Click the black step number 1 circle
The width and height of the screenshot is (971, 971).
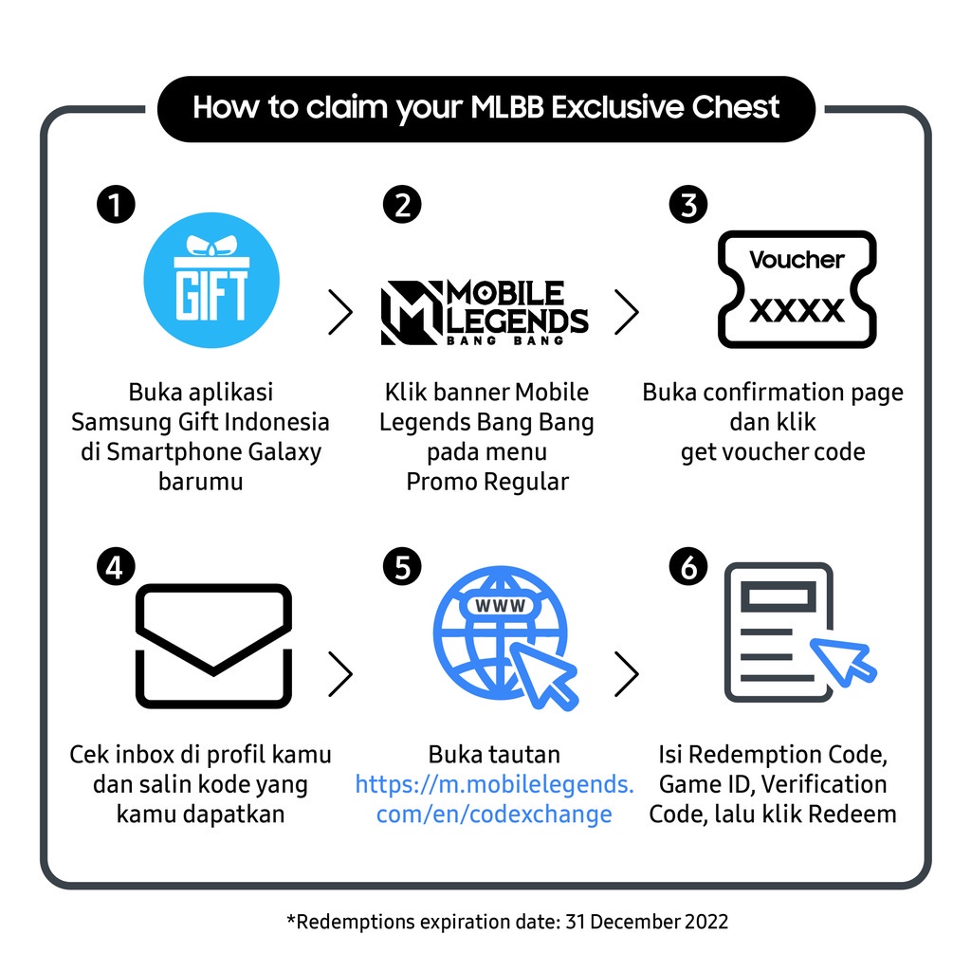[x=116, y=205]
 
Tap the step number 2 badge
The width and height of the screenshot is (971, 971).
[x=402, y=205]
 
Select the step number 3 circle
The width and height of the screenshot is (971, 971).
[x=688, y=205]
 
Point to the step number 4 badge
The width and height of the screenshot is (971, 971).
[x=116, y=566]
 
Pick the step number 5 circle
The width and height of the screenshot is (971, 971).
[x=402, y=566]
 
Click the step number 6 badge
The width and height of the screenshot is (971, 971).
[x=688, y=566]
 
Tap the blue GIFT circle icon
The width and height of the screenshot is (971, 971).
[x=211, y=281]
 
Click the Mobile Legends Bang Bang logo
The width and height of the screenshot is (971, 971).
[x=485, y=312]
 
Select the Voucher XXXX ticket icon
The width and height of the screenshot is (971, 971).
[x=797, y=289]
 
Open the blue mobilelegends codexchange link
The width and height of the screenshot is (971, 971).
[x=494, y=798]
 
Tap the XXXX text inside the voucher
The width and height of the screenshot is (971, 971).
[x=797, y=310]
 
